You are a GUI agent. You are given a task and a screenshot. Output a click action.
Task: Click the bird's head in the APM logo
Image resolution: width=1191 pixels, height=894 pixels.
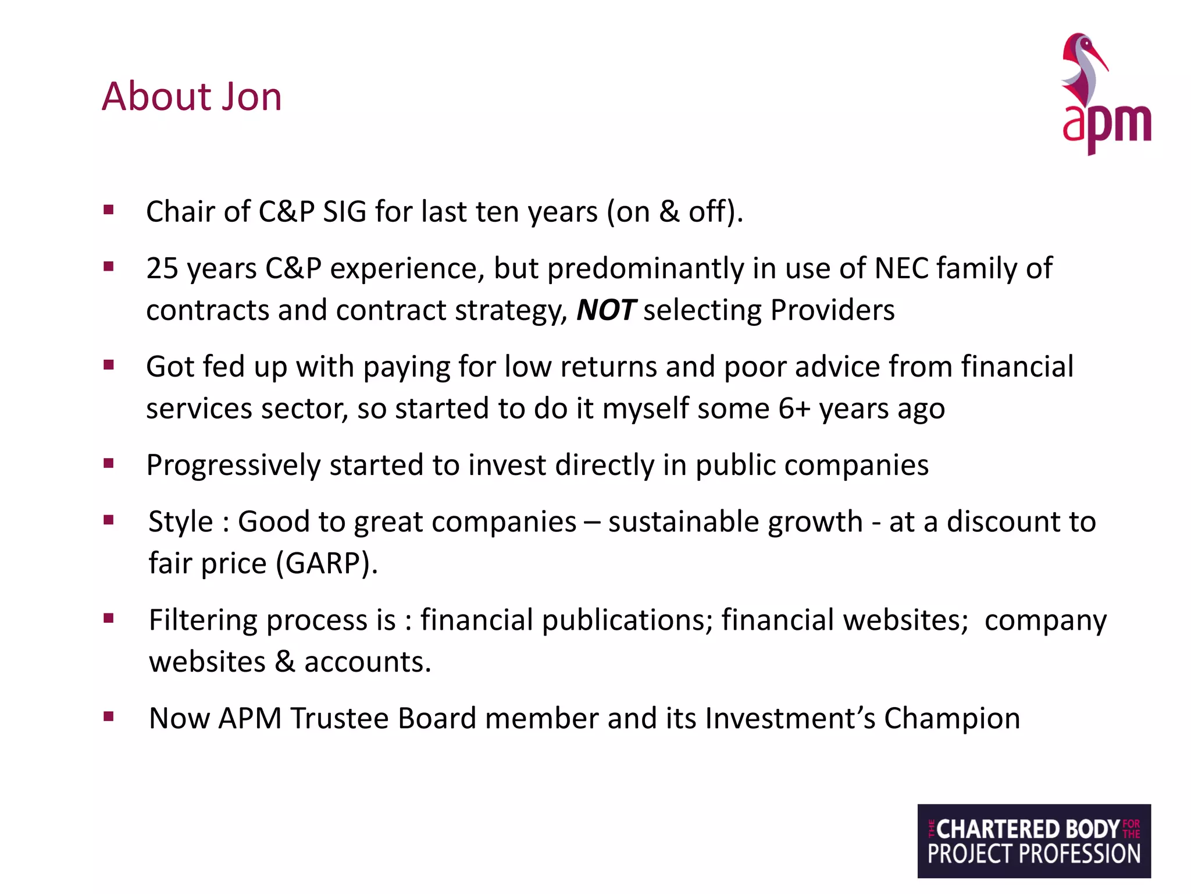[1083, 47]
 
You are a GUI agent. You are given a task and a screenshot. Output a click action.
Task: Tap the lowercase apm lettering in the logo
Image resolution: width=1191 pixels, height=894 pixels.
[1106, 125]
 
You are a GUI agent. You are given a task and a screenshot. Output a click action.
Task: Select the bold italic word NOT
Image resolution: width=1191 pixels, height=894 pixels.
[605, 310]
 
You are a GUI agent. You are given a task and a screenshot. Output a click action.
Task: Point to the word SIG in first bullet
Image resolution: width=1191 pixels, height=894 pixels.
[344, 211]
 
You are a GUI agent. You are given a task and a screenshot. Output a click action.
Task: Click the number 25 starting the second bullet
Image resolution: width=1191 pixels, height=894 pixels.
[162, 268]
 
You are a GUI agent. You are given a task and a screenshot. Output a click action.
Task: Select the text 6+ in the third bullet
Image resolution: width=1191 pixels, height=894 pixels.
[794, 408]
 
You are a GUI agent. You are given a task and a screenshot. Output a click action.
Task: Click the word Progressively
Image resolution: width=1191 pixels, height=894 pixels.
[233, 465]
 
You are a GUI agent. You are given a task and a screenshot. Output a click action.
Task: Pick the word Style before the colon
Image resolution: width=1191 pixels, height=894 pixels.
[181, 521]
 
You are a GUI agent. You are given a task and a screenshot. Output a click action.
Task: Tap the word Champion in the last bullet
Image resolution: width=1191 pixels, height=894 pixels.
[952, 718]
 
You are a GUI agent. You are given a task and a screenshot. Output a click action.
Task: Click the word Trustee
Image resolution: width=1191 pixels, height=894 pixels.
[339, 718]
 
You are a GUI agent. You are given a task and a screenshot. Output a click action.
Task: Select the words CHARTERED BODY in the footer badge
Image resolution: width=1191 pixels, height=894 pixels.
[1028, 829]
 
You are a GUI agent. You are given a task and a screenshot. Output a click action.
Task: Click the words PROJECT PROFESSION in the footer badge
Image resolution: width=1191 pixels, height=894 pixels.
[1034, 854]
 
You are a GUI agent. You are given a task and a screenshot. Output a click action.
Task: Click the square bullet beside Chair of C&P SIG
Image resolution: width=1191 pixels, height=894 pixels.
[108, 210]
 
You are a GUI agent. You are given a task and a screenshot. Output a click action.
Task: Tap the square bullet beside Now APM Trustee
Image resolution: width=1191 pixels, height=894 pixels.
[108, 716]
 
